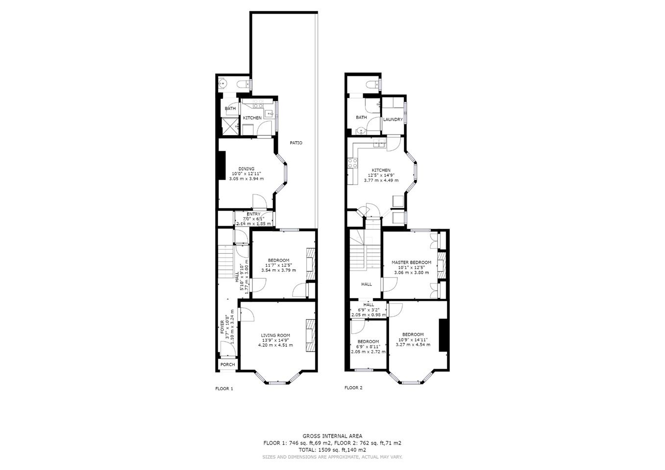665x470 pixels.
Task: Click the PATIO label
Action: point(296,143)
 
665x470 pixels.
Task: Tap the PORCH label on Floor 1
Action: point(228,364)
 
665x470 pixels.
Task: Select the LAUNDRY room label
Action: point(393,119)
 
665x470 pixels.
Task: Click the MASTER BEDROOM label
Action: point(411,262)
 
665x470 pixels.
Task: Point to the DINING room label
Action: point(246,169)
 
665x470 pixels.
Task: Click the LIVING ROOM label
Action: point(275,335)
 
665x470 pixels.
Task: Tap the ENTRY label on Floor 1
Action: point(253,214)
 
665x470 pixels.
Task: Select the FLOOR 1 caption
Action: point(224,389)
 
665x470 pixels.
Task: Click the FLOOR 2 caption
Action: point(353,388)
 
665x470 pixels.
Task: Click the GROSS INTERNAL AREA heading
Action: point(332,436)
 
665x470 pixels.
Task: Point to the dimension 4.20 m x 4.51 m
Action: point(275,345)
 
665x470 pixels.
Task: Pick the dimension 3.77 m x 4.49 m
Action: point(381,180)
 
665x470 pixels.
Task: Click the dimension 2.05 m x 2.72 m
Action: point(368,352)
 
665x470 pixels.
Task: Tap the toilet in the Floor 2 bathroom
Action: point(372,85)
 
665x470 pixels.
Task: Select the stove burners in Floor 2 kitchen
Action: point(353,163)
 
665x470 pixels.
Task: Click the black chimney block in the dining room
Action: point(222,165)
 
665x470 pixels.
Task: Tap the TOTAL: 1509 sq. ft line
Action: point(332,450)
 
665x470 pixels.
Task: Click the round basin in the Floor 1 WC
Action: point(222,84)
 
